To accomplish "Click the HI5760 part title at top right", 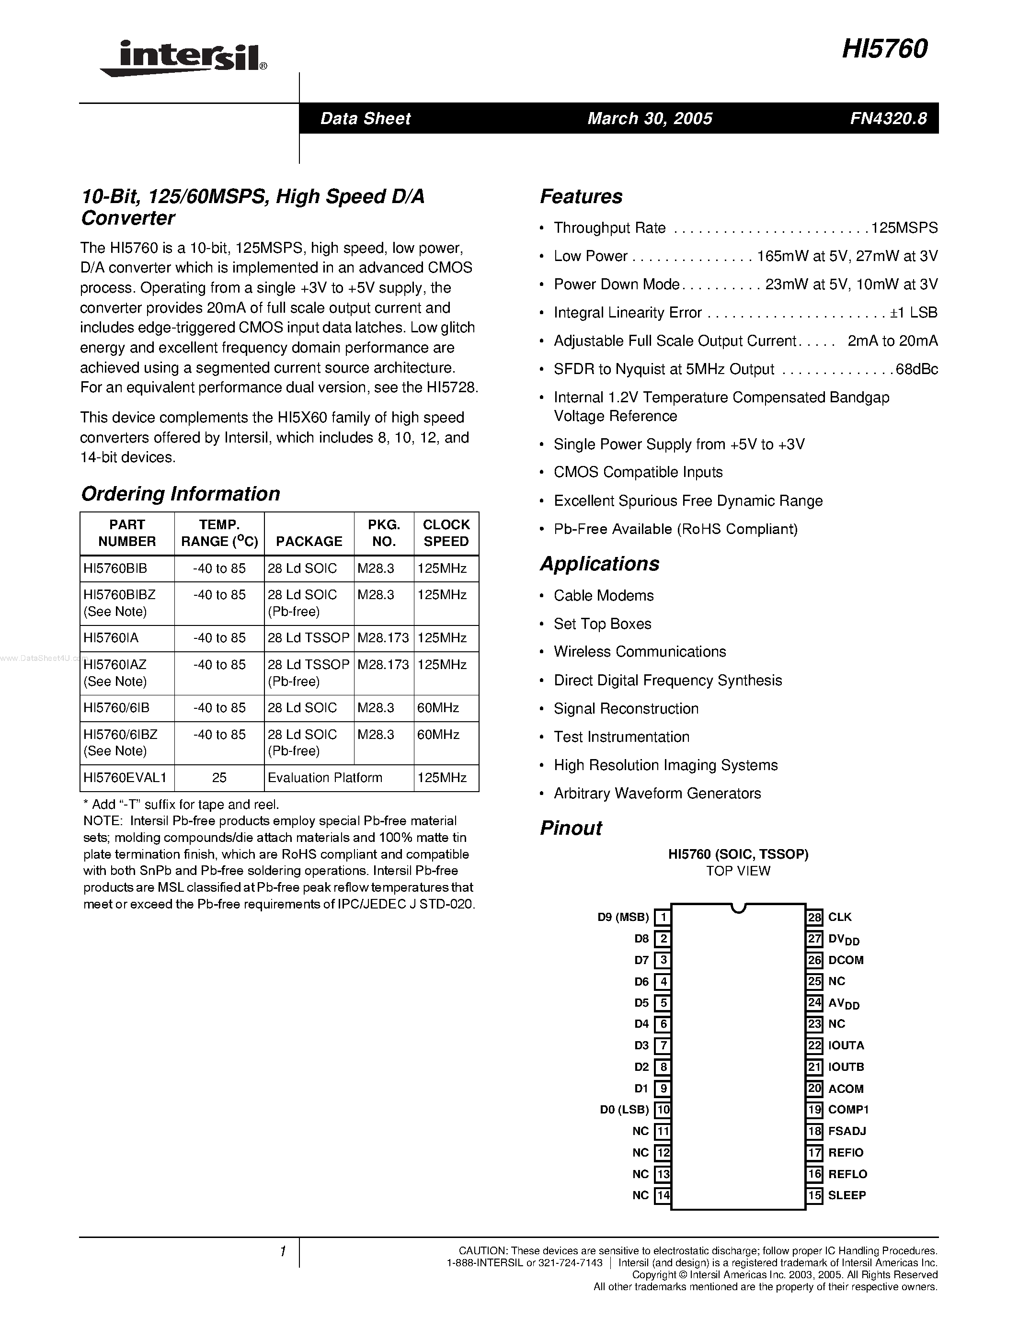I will tap(884, 49).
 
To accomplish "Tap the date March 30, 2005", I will tap(650, 118).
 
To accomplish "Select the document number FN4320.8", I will tap(888, 118).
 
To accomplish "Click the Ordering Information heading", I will tap(180, 493).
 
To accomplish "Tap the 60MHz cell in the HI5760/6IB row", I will tap(438, 707).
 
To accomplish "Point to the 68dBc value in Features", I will tap(916, 369).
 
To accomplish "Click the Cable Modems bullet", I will tap(603, 595).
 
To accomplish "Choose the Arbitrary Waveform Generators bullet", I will tap(657, 793).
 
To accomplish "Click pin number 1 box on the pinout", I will tap(663, 917).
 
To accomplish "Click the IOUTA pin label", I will tap(846, 1045).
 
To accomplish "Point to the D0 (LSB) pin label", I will tap(624, 1109).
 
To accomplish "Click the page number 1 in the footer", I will tap(282, 1251).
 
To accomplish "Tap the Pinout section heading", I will tap(571, 828).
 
